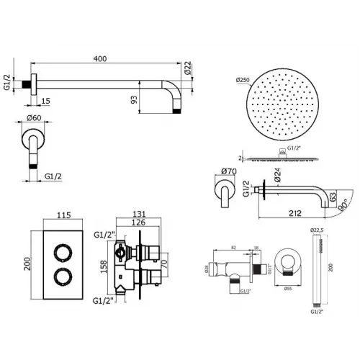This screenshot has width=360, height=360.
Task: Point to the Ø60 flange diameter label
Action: [32, 118]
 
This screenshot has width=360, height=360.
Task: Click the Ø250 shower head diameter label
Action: [241, 81]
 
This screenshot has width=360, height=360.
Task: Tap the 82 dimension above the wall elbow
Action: [235, 247]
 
